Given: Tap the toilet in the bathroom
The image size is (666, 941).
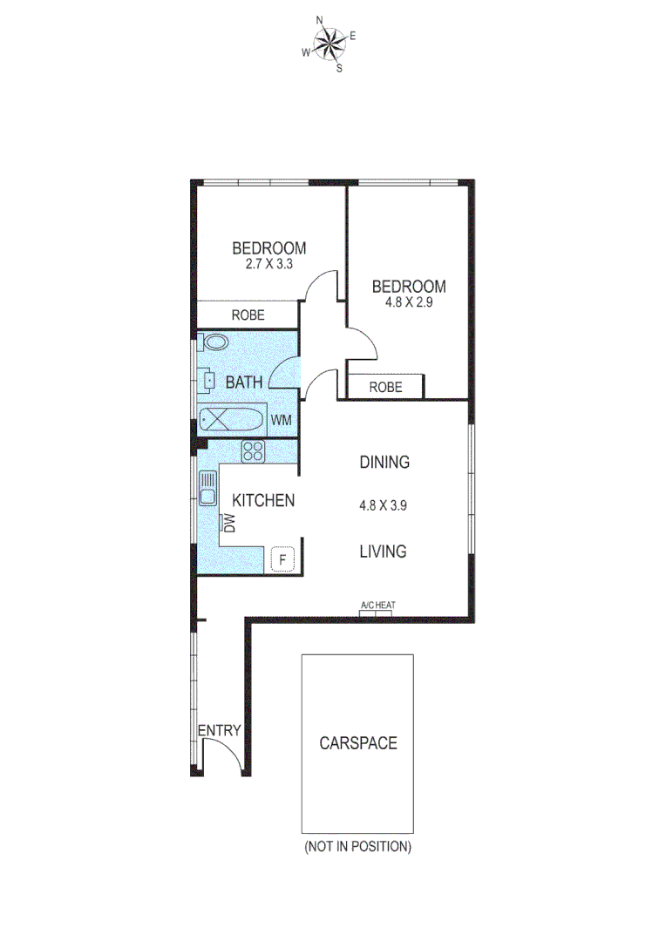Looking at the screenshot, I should [x=215, y=342].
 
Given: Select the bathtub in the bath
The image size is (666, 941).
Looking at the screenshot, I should [x=231, y=420].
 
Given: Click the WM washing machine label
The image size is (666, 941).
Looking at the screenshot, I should [x=281, y=420].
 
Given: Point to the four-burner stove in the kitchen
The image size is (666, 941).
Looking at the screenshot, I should [x=254, y=450].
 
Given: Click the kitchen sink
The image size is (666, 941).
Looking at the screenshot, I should [x=207, y=488].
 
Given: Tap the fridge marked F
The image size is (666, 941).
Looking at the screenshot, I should [x=282, y=558].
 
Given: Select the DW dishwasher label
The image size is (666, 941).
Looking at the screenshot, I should [x=230, y=523].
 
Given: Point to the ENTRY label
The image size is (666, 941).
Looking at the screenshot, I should [x=219, y=731].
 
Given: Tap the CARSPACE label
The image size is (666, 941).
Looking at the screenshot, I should [x=357, y=743].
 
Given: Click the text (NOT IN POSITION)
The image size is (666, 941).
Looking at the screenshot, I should [x=357, y=846].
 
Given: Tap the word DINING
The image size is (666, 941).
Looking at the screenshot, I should [x=384, y=462].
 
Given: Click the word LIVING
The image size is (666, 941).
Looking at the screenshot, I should [x=384, y=551].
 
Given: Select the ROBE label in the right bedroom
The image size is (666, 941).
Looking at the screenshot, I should [x=385, y=387].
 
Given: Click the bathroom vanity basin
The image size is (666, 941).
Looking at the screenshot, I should [x=209, y=380].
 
